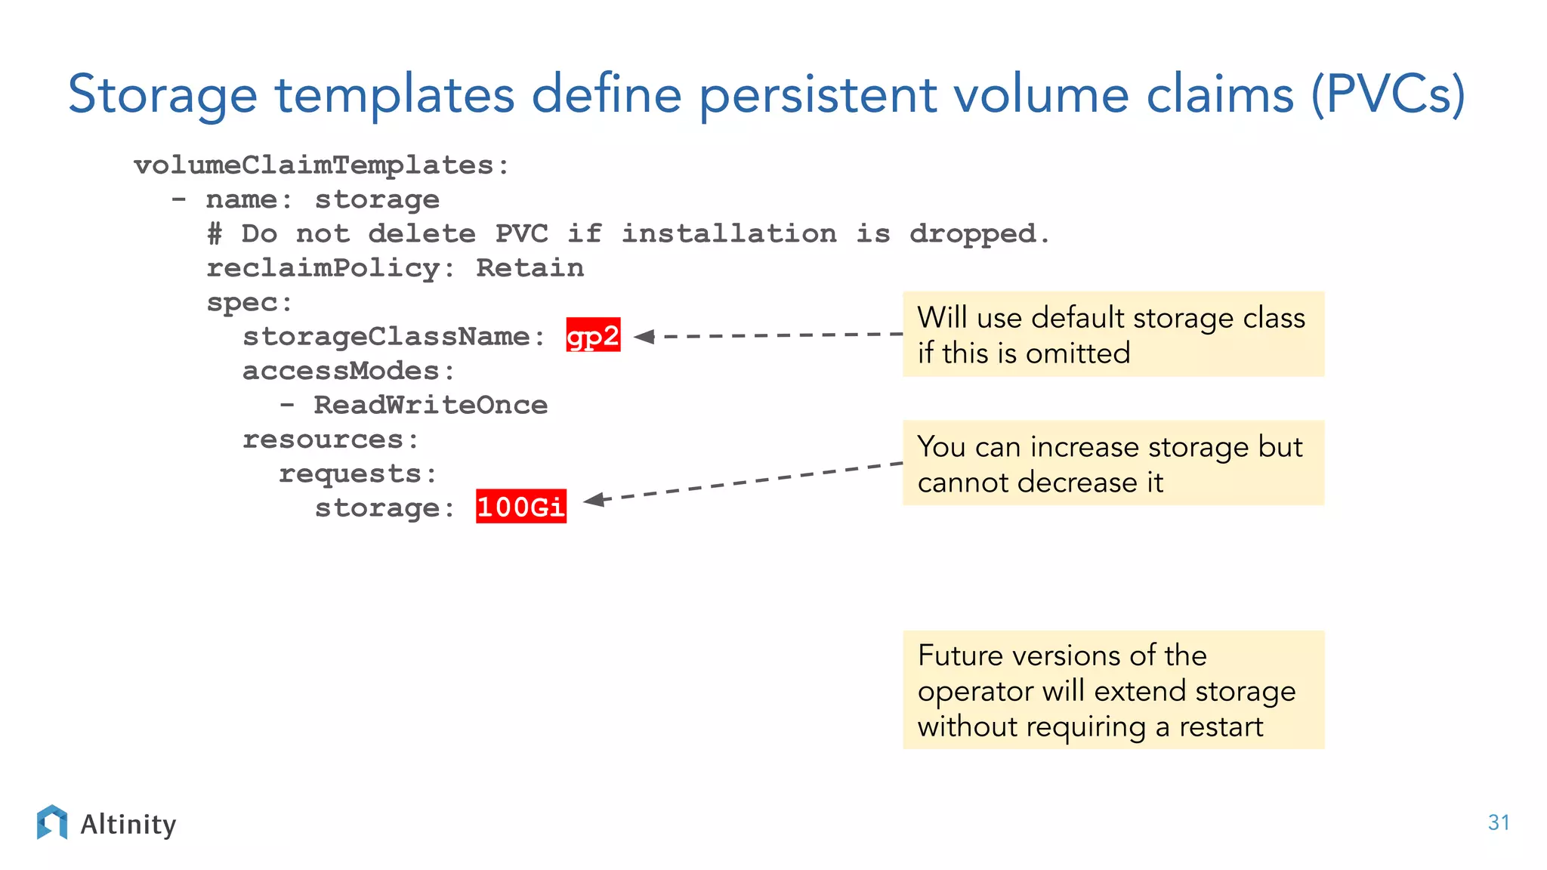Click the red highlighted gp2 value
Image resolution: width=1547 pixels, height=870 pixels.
coord(593,335)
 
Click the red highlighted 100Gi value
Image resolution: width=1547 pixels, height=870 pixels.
coord(520,507)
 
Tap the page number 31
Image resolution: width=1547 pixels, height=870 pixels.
coord(1499,822)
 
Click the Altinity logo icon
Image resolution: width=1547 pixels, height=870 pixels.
coord(51,822)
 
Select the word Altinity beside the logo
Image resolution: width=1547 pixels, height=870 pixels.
coord(128,824)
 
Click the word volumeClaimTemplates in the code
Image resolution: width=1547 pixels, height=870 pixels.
coord(314,165)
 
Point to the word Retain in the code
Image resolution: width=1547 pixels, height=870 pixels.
coord(530,268)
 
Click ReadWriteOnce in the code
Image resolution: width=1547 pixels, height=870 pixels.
coord(431,406)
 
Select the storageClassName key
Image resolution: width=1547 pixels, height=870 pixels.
coord(387,337)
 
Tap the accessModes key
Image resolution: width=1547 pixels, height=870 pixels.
coord(341,371)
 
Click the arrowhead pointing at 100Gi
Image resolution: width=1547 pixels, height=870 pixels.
coord(594,500)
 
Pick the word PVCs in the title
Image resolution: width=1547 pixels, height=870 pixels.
coord(1387,95)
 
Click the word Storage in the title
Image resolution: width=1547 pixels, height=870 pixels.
coord(162,95)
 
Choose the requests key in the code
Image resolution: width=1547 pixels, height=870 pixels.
coord(350,474)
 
